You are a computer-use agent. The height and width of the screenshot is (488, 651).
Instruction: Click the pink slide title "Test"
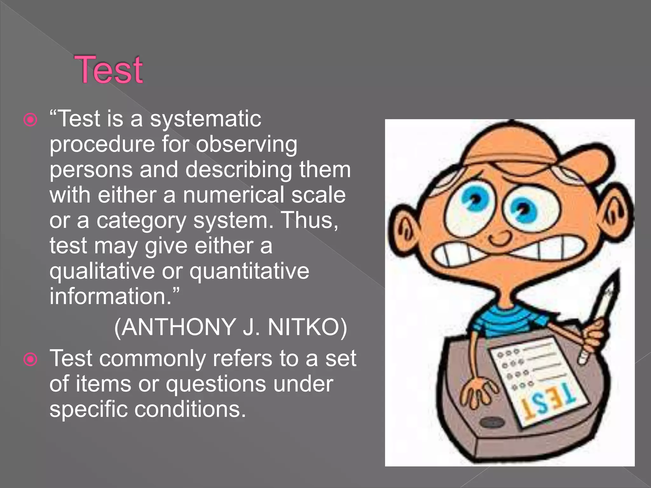coord(108,70)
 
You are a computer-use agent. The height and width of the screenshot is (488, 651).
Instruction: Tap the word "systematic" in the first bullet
coord(206,119)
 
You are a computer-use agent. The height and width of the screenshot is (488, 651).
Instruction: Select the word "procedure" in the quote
coord(102,145)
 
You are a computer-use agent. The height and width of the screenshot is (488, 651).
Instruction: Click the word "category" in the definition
coord(141,221)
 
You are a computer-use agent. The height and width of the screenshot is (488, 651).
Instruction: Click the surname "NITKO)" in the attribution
coord(307,327)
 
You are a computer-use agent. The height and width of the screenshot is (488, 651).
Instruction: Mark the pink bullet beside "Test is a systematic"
coord(31,120)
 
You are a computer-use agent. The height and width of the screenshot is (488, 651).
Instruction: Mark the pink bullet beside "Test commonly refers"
coord(31,360)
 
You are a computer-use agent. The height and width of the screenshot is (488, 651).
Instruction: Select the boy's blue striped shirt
coord(509,321)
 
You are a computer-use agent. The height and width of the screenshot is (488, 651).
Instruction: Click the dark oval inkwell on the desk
coord(492,423)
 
